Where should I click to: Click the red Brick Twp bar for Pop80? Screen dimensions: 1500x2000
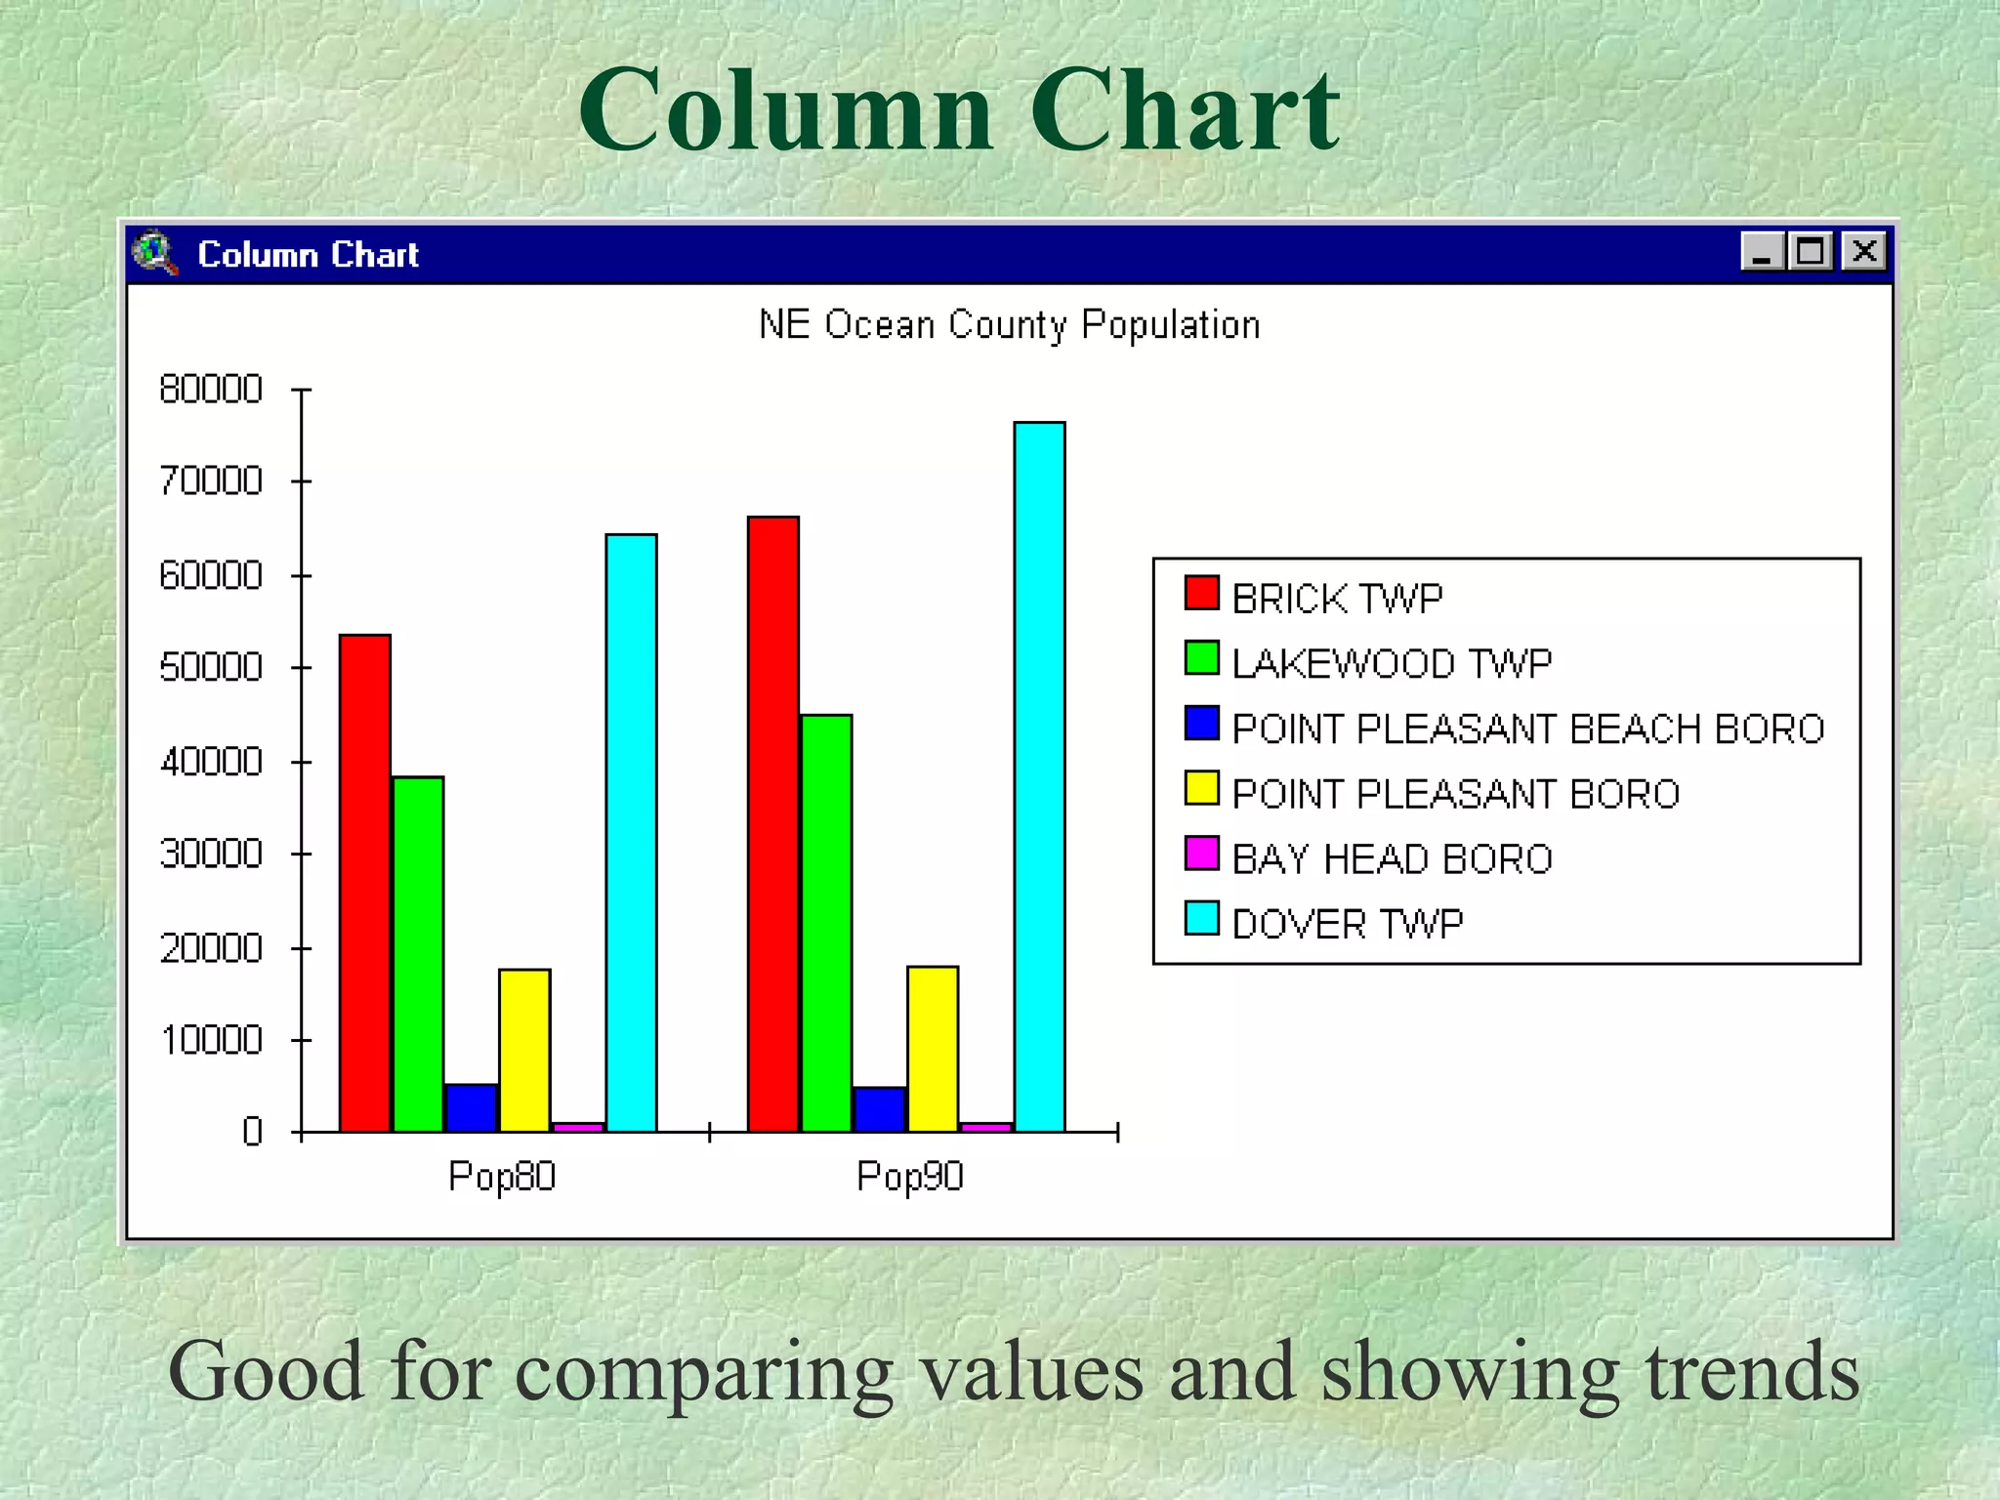coord(365,883)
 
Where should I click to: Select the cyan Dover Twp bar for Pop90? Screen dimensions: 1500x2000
coord(1039,776)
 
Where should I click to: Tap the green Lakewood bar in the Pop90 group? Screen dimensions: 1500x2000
coord(827,923)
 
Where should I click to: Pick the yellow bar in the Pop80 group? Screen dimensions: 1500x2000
coord(524,1050)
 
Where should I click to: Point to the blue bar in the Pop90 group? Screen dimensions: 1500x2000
coord(879,1109)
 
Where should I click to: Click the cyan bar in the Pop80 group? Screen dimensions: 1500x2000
coord(631,833)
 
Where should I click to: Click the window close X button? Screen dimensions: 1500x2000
coord(1863,252)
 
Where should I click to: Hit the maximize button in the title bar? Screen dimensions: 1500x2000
coord(1811,252)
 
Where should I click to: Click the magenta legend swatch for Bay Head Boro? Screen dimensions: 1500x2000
coord(1201,854)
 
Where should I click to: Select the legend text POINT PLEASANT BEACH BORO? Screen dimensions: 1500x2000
coord(1527,729)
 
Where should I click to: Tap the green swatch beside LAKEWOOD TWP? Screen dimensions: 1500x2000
coord(1201,658)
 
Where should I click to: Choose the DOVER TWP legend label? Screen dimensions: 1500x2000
coord(1347,924)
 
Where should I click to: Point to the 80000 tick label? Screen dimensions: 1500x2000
coord(211,390)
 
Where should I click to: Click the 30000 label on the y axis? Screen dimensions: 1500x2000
coord(211,854)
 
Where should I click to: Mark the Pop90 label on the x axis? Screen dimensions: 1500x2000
coord(909,1177)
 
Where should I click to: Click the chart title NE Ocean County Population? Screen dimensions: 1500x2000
coord(1009,325)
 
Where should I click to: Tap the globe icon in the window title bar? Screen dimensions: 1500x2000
coord(154,253)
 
